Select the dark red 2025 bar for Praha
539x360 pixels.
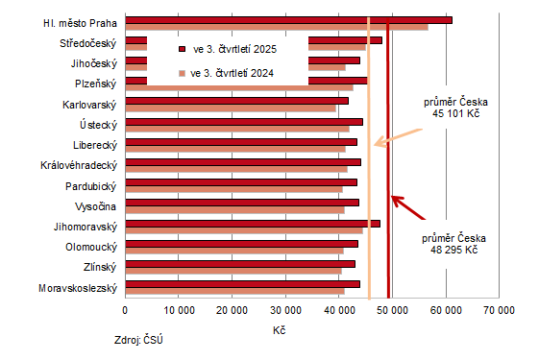point(288,19)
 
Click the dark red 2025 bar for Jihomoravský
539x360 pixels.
point(252,223)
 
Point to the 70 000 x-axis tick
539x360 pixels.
point(499,310)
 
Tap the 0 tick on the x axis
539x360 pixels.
point(125,310)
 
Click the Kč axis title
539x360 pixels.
point(279,330)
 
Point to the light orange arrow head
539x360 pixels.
point(377,145)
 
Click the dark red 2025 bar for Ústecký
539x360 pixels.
point(243,121)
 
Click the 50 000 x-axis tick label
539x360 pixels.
point(392,310)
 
